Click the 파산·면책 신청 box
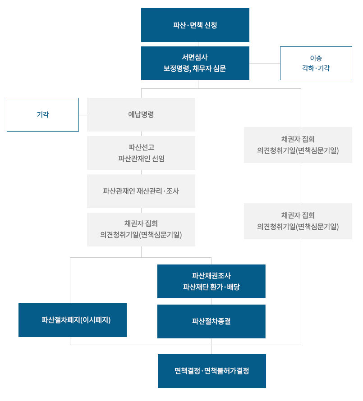[x=195, y=25]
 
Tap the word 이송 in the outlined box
[x=316, y=58]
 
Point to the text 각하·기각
[x=316, y=68]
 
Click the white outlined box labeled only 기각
[x=43, y=115]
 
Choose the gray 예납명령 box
[x=141, y=114]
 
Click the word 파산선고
[x=141, y=147]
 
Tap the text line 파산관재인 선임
[x=141, y=158]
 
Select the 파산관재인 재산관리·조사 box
[x=141, y=191]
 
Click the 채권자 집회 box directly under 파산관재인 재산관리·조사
[x=141, y=229]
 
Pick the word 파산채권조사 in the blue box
[x=211, y=276]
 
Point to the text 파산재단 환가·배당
[x=211, y=287]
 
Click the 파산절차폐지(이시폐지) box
[x=73, y=320]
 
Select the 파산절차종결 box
[x=211, y=321]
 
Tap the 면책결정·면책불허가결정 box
[x=211, y=371]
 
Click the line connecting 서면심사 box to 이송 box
[x=265, y=64]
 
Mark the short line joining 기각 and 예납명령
[x=83, y=115]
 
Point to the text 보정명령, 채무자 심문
[x=195, y=69]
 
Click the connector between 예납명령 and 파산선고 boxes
[x=142, y=134]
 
